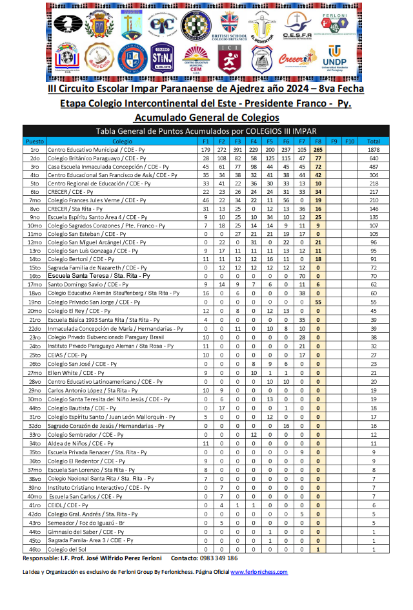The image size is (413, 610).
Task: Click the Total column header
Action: tap(373, 141)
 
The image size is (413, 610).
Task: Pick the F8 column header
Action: tap(318, 141)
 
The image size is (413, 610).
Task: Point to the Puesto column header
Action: tap(34, 141)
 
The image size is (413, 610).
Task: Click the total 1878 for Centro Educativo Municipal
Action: tap(373, 149)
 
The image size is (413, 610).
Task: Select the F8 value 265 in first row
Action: tap(318, 149)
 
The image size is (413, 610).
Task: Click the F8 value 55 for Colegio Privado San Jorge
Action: tap(318, 301)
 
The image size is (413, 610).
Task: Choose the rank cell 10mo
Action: tap(34, 225)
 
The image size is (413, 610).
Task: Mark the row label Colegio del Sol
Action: tap(66, 549)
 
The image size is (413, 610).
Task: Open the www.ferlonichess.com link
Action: tap(259, 572)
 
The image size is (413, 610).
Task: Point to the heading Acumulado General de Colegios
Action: tap(206, 118)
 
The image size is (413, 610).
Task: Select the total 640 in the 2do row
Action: tap(373, 158)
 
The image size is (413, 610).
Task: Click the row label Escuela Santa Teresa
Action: tap(99, 275)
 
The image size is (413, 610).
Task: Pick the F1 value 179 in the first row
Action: tap(205, 149)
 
